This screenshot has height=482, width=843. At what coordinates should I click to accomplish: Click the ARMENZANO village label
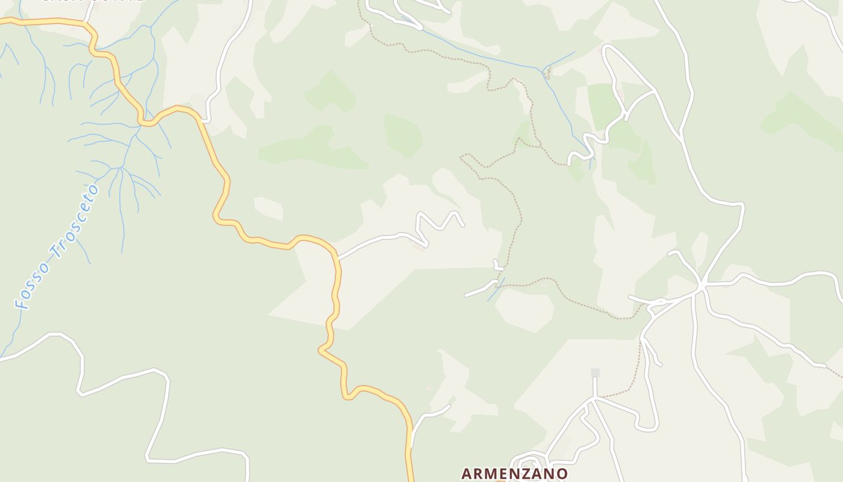pyautogui.click(x=514, y=474)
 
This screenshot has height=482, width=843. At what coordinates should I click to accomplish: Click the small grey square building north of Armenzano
pyautogui.click(x=595, y=373)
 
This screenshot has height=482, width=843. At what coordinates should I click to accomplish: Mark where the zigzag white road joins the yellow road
pyautogui.click(x=338, y=258)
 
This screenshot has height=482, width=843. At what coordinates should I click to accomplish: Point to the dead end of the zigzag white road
pyautogui.click(x=463, y=226)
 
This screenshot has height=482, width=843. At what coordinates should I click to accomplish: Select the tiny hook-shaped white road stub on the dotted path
pyautogui.click(x=497, y=266)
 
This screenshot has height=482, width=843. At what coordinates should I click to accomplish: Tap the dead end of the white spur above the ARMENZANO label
pyautogui.click(x=449, y=406)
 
